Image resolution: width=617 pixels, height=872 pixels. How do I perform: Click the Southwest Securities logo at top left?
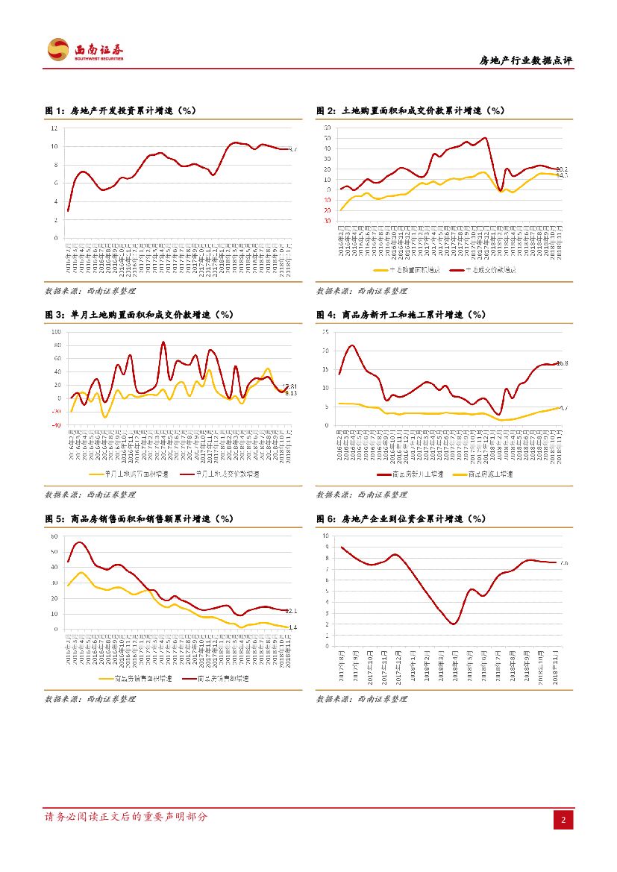click(x=85, y=51)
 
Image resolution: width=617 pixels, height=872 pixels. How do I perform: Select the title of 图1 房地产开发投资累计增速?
click(x=120, y=110)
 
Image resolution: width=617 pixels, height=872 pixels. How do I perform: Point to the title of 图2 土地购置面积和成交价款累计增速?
click(x=410, y=110)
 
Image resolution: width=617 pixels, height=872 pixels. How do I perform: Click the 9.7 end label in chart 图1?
click(x=292, y=150)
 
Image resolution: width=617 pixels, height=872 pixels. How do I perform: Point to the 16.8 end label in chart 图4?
click(x=563, y=363)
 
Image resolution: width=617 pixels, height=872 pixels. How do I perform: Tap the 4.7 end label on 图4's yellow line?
click(x=563, y=408)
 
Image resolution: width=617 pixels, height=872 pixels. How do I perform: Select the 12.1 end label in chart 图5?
click(x=292, y=611)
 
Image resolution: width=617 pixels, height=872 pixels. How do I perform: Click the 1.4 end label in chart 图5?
click(x=292, y=627)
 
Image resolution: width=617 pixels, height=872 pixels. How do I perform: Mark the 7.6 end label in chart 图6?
click(x=563, y=563)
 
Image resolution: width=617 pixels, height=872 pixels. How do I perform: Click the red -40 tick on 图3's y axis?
click(x=56, y=426)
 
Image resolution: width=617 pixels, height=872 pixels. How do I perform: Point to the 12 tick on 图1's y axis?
click(x=54, y=128)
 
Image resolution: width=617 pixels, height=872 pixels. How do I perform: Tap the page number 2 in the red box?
click(x=563, y=821)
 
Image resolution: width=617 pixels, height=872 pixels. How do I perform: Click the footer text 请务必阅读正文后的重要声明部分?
click(x=126, y=818)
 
